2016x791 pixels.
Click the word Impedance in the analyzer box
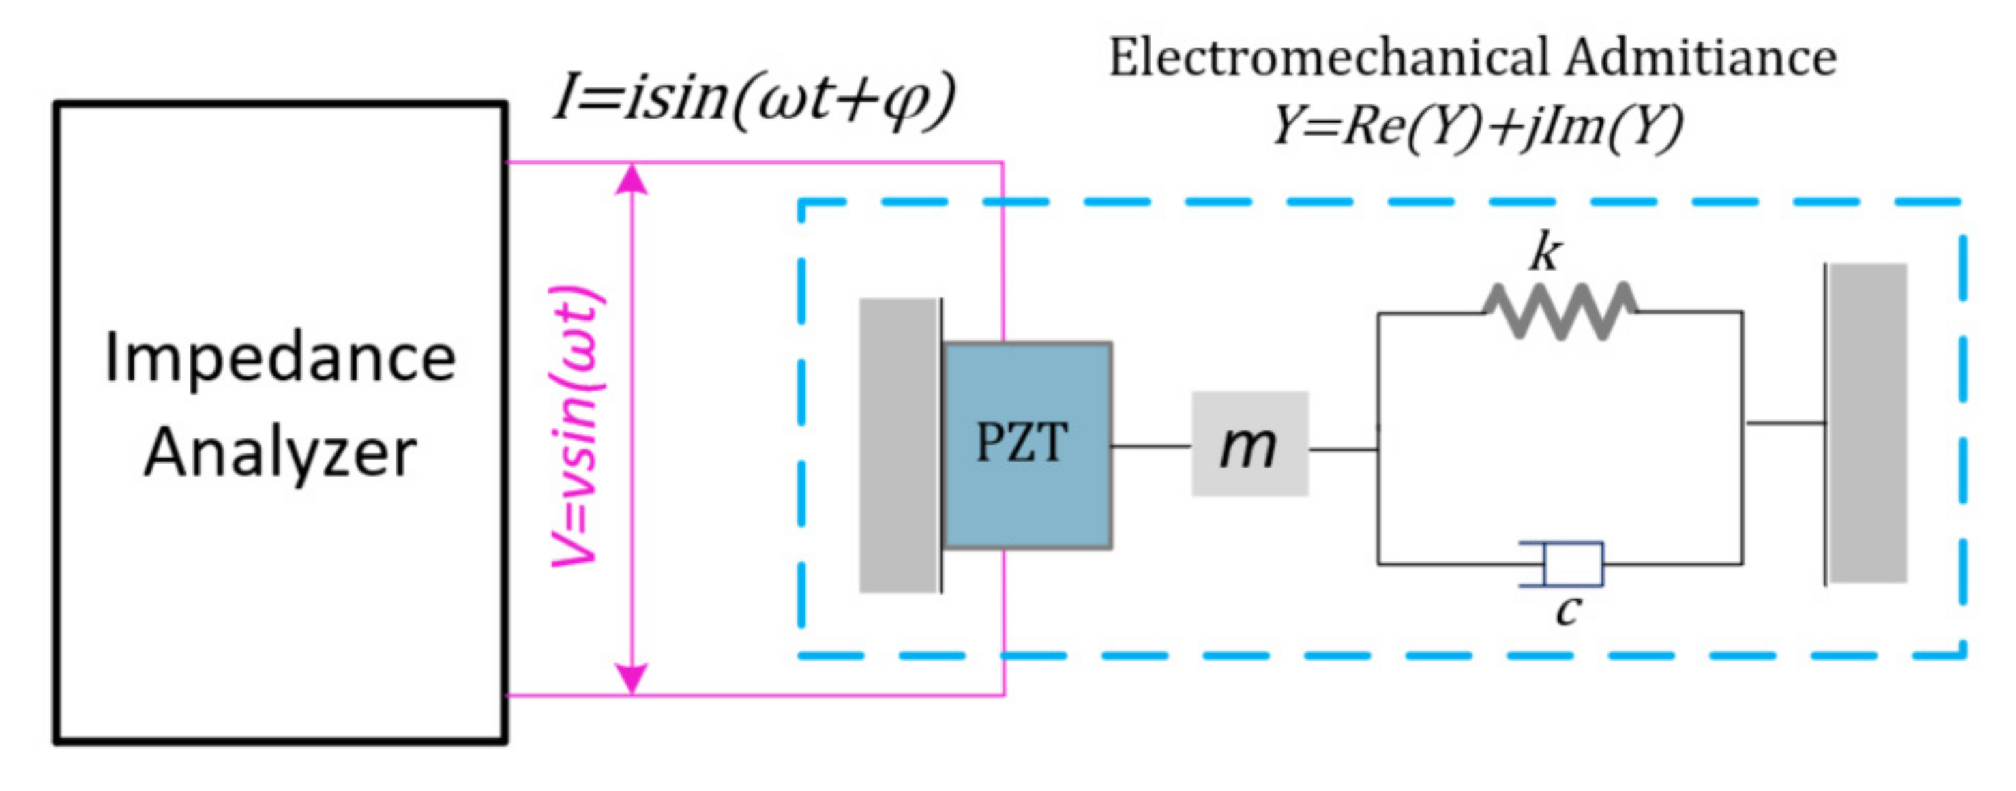point(280,358)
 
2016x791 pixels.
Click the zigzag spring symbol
point(1560,311)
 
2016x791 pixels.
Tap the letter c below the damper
point(1567,610)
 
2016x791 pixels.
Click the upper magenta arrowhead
point(632,179)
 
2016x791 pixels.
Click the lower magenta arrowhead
point(632,678)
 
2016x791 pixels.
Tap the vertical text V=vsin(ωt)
point(577,426)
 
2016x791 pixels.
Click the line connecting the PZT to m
point(1151,446)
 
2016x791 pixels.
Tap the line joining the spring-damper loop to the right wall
point(1784,423)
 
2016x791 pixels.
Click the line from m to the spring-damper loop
point(1343,449)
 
